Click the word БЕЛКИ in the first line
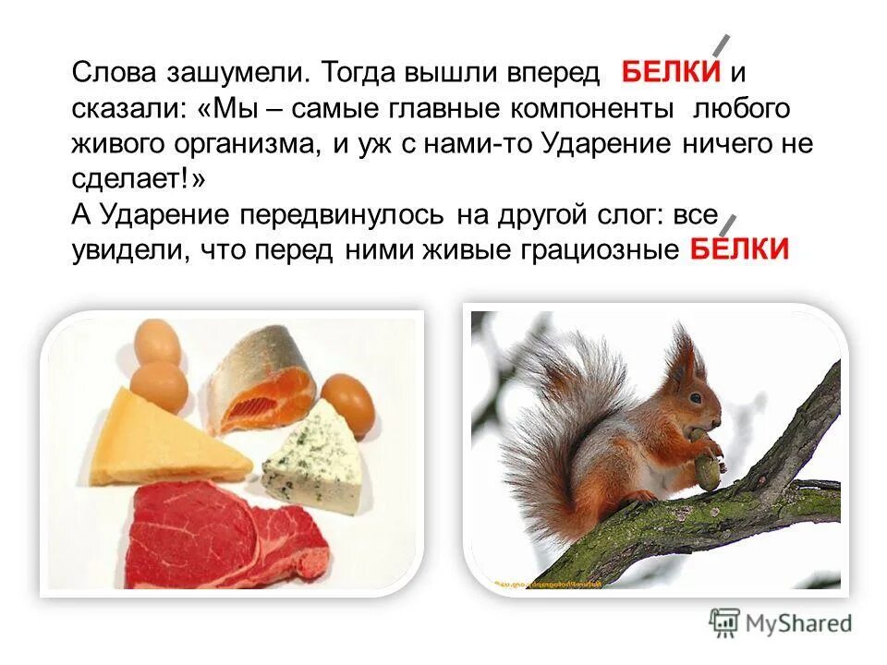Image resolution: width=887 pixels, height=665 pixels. point(671,72)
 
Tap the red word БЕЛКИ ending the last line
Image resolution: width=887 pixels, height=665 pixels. point(739,248)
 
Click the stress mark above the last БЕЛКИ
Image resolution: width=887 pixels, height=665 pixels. point(729,223)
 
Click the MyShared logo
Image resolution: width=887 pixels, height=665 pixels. point(781,621)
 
